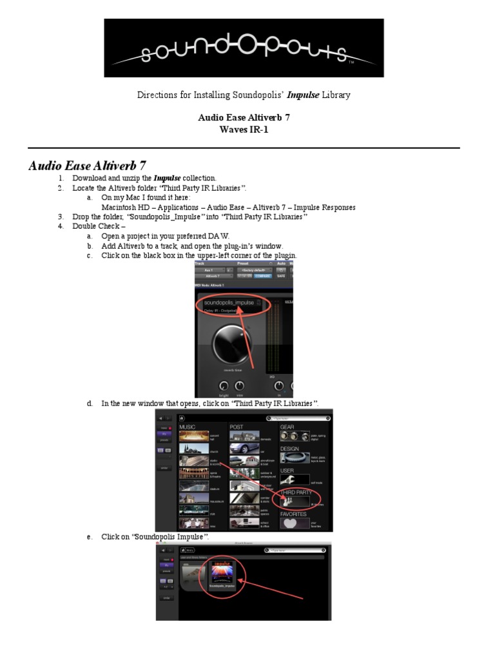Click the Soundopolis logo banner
pos(244,48)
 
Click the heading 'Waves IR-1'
pos(243,129)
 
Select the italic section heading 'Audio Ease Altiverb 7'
pos(87,166)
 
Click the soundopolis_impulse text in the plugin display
pos(228,302)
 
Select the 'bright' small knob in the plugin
pos(224,387)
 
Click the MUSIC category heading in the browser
pos(188,427)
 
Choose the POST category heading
pos(237,427)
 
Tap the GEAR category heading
pos(288,427)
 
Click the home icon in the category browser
pos(172,418)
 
